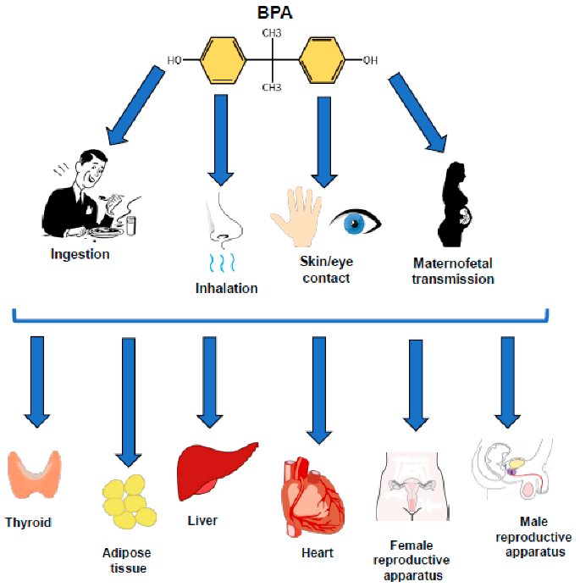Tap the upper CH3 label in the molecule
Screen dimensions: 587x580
click(x=271, y=33)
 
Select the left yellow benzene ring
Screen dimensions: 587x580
click(x=222, y=60)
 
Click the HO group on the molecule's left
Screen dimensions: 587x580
click(x=175, y=61)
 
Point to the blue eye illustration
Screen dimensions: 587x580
click(x=356, y=223)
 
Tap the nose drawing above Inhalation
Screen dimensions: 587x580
click(x=224, y=221)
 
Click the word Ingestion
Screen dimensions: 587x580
click(x=80, y=253)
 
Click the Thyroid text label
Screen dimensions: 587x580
click(x=28, y=523)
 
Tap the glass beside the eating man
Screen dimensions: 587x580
click(x=131, y=224)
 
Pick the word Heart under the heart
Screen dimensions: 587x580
click(x=318, y=552)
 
